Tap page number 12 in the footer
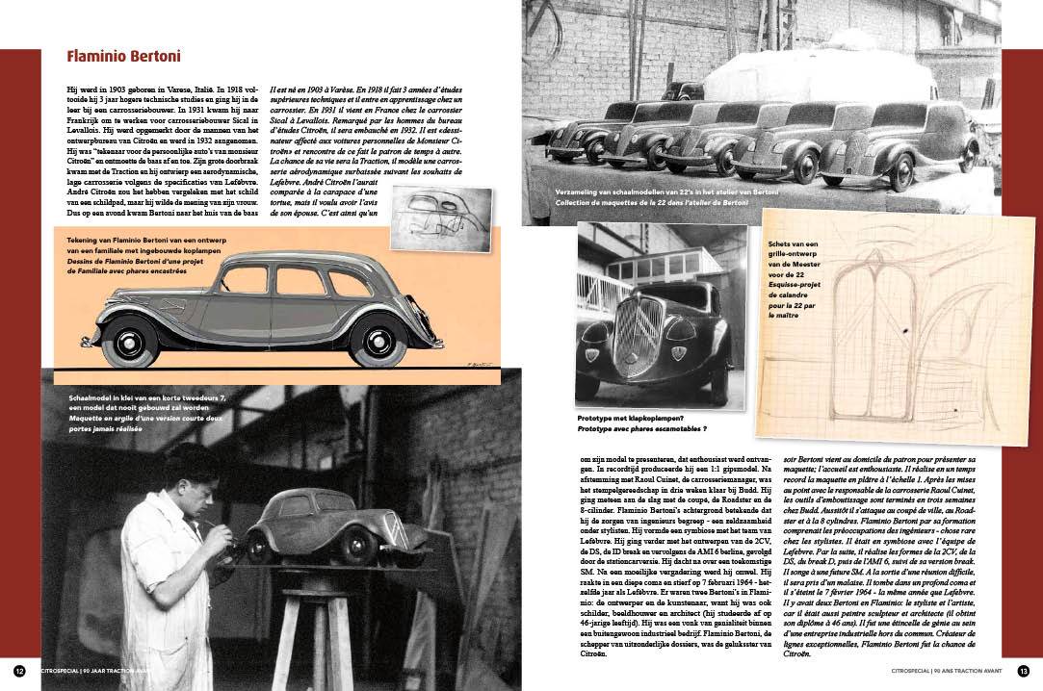(x=19, y=671)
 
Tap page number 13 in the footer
(x=1023, y=671)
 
